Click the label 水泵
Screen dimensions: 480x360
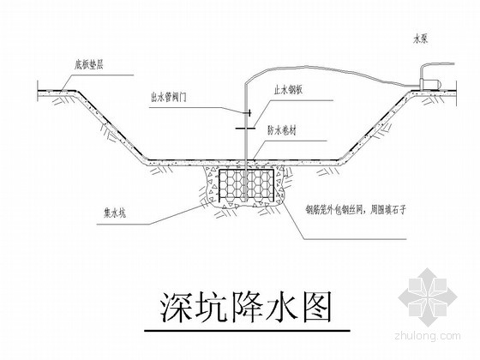click(420, 39)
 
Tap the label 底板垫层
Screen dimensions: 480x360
click(88, 65)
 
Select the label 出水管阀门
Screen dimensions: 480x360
click(168, 98)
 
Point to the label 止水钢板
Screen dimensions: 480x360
click(288, 90)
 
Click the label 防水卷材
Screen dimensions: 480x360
click(282, 131)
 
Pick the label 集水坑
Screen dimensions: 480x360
click(115, 213)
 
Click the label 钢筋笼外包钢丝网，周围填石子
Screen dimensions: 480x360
click(355, 210)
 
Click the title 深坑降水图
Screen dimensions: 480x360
click(246, 307)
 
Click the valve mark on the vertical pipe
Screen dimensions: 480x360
click(249, 113)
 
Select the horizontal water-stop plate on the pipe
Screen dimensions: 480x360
click(245, 129)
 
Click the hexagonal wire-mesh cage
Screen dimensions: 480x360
click(246, 183)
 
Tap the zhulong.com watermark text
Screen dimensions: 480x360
click(428, 336)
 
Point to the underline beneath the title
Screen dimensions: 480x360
click(247, 331)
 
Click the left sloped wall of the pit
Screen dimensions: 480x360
click(111, 126)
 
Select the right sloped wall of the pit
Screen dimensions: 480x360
click(375, 126)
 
